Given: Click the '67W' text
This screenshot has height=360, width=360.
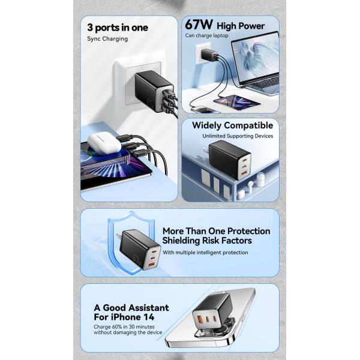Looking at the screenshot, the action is [199, 25].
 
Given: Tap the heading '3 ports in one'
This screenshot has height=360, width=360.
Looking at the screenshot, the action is [118, 28].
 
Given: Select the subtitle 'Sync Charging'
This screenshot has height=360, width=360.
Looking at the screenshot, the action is [107, 39].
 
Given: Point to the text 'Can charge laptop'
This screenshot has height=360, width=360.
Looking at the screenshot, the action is [206, 35].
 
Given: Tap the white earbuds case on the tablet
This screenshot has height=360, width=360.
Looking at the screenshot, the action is [104, 143].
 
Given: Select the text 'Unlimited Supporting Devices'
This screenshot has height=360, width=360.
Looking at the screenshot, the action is [238, 136].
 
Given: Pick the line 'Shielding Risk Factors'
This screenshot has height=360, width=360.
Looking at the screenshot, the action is [207, 241].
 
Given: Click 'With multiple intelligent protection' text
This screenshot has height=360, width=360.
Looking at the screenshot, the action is [205, 253].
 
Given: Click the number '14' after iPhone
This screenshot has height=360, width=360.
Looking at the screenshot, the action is [149, 317].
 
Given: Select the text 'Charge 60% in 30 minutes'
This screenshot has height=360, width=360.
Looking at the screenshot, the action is [124, 327].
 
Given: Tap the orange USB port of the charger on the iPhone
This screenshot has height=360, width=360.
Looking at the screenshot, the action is [199, 319].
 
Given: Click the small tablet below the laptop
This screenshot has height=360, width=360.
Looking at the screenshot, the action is [237, 101].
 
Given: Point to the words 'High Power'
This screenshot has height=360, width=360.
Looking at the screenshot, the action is [241, 26].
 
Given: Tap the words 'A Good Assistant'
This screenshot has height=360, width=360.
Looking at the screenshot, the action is [131, 308].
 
